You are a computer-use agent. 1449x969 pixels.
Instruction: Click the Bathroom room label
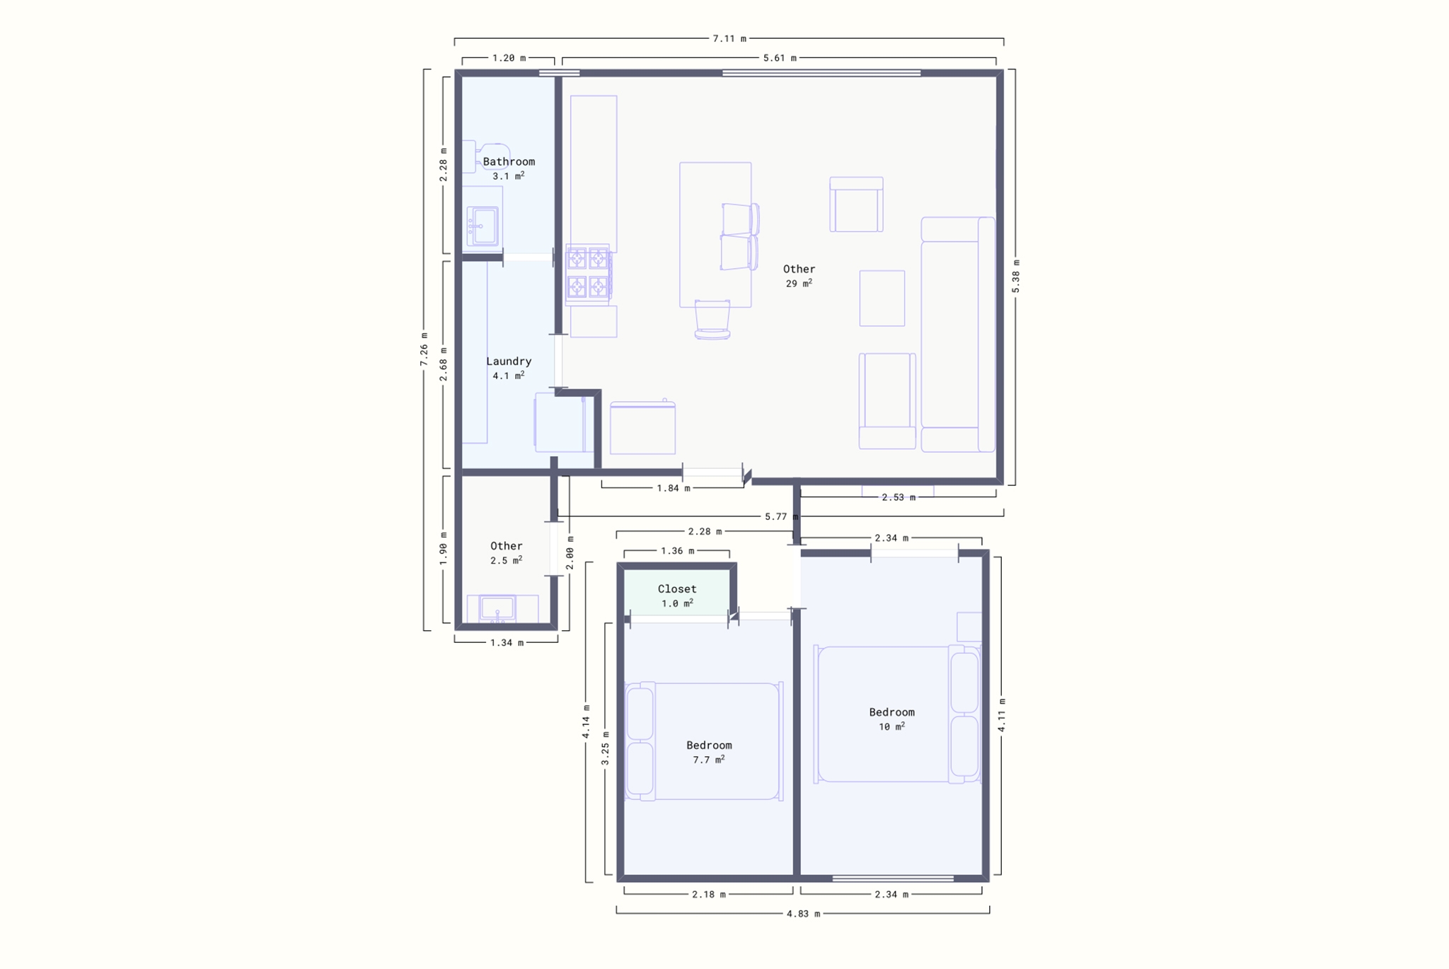[509, 162]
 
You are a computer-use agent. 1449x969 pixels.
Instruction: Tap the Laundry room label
[509, 361]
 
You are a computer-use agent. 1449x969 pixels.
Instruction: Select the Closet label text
[677, 589]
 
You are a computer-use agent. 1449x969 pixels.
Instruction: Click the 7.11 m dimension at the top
[729, 38]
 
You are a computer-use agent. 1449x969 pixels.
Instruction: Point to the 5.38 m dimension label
[1015, 277]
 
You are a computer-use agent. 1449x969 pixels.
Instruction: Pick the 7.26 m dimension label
[424, 349]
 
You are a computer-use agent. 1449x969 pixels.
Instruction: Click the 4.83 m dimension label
[803, 914]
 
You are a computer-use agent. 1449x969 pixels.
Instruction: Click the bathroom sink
[483, 226]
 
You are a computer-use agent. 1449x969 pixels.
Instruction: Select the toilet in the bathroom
[487, 156]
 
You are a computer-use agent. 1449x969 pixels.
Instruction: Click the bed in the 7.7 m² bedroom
[705, 741]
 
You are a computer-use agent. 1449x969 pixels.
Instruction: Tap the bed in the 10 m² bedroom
[897, 714]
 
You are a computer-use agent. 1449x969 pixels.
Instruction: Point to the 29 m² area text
[799, 284]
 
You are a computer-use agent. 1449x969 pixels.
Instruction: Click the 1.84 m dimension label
[674, 488]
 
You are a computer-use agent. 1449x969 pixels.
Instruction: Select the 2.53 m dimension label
[899, 497]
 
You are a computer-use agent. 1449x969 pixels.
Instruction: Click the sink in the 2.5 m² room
[497, 608]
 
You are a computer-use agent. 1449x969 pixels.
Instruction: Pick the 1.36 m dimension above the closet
[678, 550]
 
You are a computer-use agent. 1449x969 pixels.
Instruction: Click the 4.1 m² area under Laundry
[509, 376]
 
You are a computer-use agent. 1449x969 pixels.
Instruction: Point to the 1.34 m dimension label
[507, 643]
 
